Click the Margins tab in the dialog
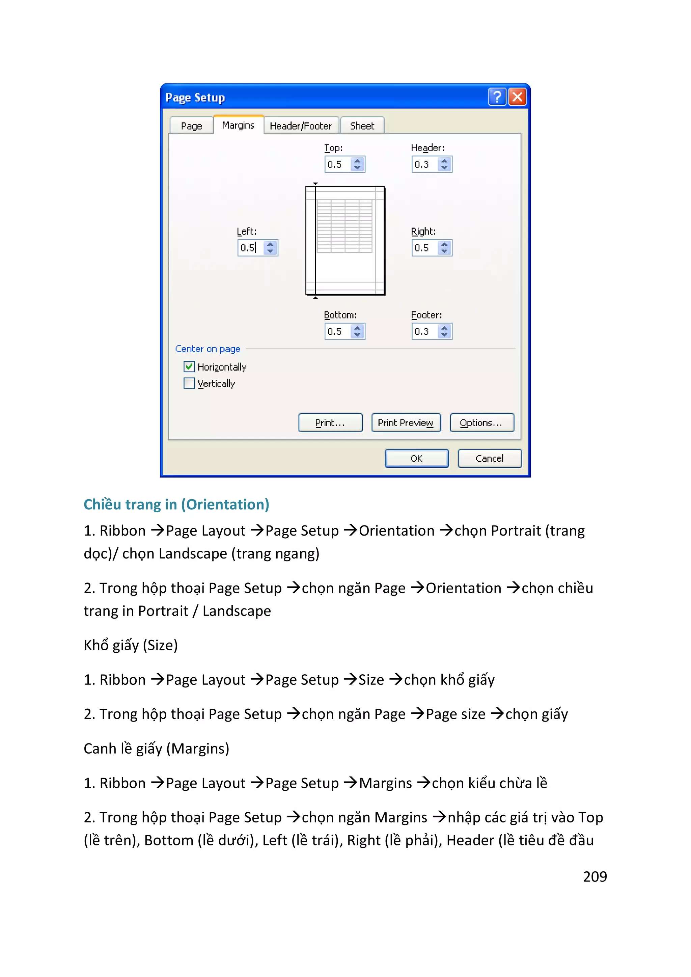click(238, 125)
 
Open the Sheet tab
click(362, 126)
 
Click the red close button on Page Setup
click(517, 97)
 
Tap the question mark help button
click(497, 97)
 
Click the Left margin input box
click(251, 248)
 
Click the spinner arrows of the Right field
click(444, 248)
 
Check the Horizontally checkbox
click(189, 367)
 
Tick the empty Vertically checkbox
click(189, 383)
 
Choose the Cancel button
click(489, 458)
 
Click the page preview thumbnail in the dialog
click(345, 240)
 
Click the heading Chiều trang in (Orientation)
click(176, 504)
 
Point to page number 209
click(595, 876)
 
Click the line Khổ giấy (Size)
click(131, 645)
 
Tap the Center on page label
click(208, 349)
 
